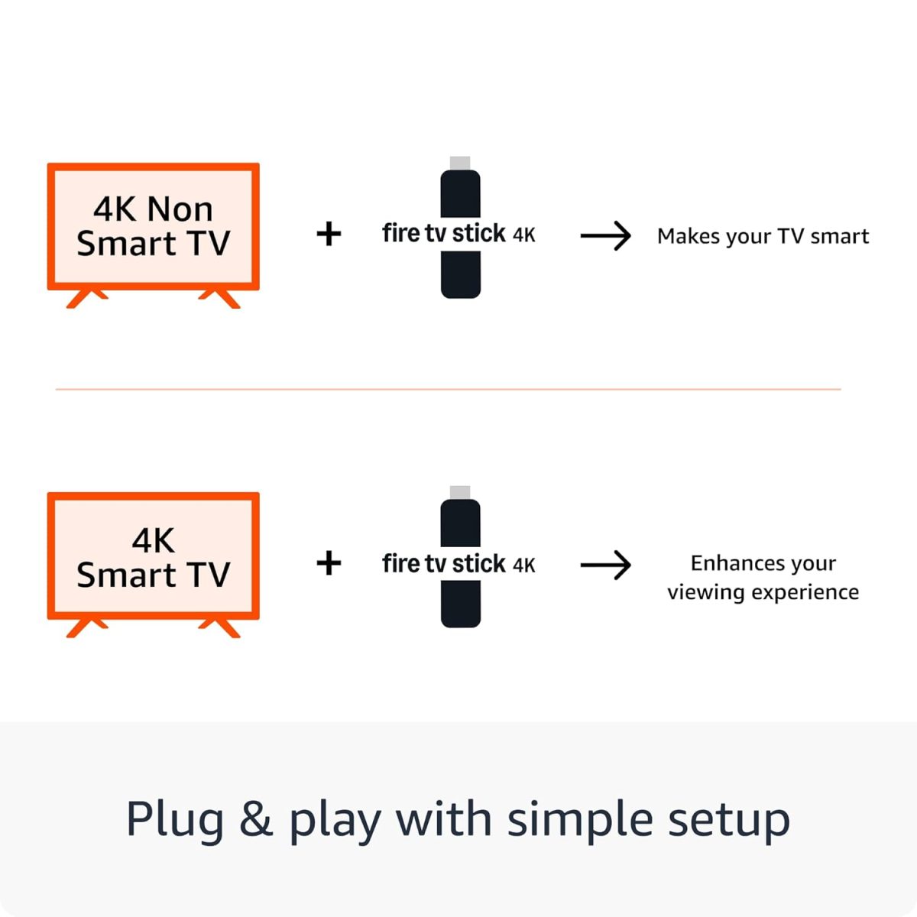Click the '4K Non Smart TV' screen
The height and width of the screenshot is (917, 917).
point(153,226)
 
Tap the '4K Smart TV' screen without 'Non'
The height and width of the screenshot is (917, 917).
point(153,556)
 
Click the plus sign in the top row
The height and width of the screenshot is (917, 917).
point(329,234)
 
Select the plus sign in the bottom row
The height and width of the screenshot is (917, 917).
point(329,564)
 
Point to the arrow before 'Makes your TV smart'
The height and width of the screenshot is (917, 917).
point(605,236)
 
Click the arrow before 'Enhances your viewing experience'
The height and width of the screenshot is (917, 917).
point(605,565)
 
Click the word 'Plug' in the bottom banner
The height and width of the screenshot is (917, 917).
point(175,820)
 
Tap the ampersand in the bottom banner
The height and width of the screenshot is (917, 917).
point(255,819)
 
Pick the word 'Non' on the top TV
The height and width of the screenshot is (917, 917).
point(180,209)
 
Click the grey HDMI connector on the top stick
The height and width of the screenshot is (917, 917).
point(460,164)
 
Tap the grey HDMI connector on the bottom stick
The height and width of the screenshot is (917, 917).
point(460,493)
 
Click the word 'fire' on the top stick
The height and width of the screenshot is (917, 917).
point(401,233)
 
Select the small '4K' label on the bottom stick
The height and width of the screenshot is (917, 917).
point(524,565)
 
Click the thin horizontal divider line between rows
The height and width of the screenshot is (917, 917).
point(448,390)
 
